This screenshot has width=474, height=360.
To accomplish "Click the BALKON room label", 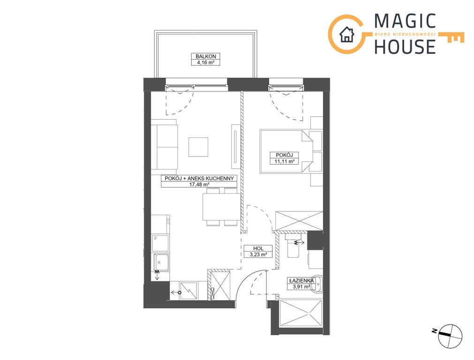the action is (x=205, y=56).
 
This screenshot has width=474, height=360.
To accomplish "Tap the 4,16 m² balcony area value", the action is (x=205, y=62).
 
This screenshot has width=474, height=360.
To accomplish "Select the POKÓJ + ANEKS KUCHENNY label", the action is (x=199, y=178).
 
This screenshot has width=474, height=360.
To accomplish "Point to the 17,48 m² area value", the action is (x=199, y=184).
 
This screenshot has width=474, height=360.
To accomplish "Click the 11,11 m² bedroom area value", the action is (x=284, y=161).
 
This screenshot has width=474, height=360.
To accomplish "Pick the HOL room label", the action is (x=258, y=248).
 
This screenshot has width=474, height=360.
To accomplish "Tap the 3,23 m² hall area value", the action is (x=258, y=255).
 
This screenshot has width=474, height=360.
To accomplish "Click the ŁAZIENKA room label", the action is (x=301, y=280).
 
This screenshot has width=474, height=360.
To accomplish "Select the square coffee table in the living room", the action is (x=198, y=147).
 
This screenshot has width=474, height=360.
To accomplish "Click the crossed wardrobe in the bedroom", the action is (x=299, y=221).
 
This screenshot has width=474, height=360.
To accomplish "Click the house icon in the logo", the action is (x=347, y=34).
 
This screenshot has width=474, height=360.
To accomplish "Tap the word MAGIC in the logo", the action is (x=405, y=22).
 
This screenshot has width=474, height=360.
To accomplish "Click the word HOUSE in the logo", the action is (x=405, y=46).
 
